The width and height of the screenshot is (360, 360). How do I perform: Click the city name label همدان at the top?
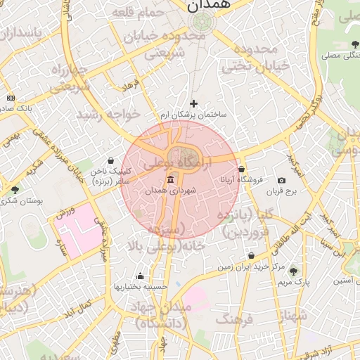click(x=208, y=6)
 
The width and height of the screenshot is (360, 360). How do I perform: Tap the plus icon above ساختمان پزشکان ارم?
click(x=193, y=103)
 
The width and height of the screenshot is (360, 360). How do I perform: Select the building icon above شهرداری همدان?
click(x=171, y=180)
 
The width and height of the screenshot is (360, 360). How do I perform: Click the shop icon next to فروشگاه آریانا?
click(x=241, y=169)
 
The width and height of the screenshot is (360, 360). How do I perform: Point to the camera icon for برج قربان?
click(x=281, y=181)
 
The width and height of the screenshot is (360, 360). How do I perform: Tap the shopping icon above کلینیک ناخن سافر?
click(x=110, y=161)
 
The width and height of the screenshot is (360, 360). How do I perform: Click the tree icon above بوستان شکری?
click(x=15, y=190)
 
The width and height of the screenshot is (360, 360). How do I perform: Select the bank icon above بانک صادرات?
click(x=10, y=98)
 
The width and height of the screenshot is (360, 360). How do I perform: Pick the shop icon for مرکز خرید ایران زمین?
click(x=251, y=256)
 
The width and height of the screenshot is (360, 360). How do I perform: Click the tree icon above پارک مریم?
click(x=292, y=271)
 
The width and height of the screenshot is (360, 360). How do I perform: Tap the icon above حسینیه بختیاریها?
click(x=140, y=276)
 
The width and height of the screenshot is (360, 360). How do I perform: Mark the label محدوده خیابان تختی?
click(x=256, y=58)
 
